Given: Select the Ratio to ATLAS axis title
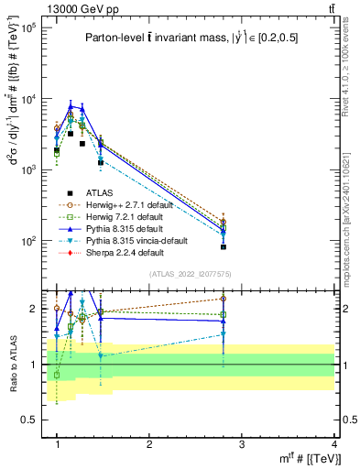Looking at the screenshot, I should coord(12,365).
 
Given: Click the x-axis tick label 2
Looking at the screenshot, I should coord(149,444).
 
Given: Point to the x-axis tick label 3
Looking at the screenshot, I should coord(242,444).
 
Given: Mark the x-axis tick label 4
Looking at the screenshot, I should coord(334,444).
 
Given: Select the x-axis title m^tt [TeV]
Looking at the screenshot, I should coord(307,458).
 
